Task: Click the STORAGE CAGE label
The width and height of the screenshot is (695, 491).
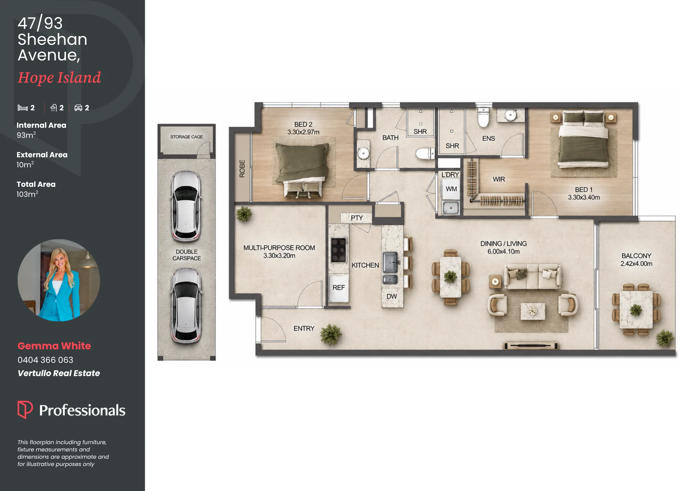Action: (x=187, y=137)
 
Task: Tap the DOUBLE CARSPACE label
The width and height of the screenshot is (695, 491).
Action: (x=187, y=255)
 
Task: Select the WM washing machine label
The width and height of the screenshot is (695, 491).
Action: (x=451, y=189)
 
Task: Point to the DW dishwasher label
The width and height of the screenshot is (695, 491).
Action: (x=392, y=297)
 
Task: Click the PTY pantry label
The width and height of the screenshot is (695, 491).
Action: (x=357, y=218)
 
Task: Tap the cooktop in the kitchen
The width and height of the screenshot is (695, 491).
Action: (x=338, y=250)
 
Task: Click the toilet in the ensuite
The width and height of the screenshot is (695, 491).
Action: (x=483, y=117)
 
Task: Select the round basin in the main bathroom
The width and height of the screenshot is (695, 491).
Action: (x=363, y=153)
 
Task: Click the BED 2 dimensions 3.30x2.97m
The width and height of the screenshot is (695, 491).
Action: (x=303, y=132)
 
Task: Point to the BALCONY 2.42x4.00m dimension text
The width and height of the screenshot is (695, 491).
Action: (x=636, y=264)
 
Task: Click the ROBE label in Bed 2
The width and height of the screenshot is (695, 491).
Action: (x=242, y=169)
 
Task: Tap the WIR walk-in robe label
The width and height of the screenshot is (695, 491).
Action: (x=499, y=179)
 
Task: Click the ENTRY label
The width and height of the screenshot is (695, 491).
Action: (x=304, y=328)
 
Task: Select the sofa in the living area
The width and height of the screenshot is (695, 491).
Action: (x=532, y=277)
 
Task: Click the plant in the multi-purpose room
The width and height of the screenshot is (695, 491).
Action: (x=244, y=214)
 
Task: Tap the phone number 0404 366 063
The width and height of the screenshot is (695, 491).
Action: (x=46, y=360)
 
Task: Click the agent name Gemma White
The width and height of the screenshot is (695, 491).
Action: (x=54, y=346)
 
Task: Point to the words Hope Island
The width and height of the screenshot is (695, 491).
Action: (x=59, y=78)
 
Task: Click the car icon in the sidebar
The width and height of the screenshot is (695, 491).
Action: (x=78, y=108)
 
